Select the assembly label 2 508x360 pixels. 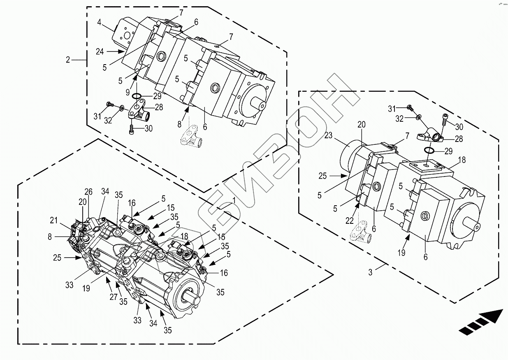coord(68,60)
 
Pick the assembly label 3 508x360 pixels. coord(370,272)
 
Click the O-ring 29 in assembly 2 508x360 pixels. coord(137,97)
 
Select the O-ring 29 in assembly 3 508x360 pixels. coord(431,151)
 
